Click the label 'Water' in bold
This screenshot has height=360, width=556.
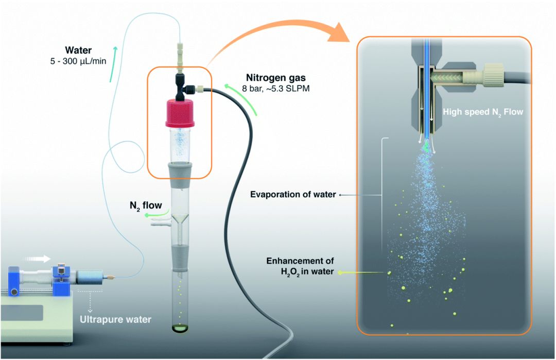pos(78,50)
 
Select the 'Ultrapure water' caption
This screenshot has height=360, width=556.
pos(115,319)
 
